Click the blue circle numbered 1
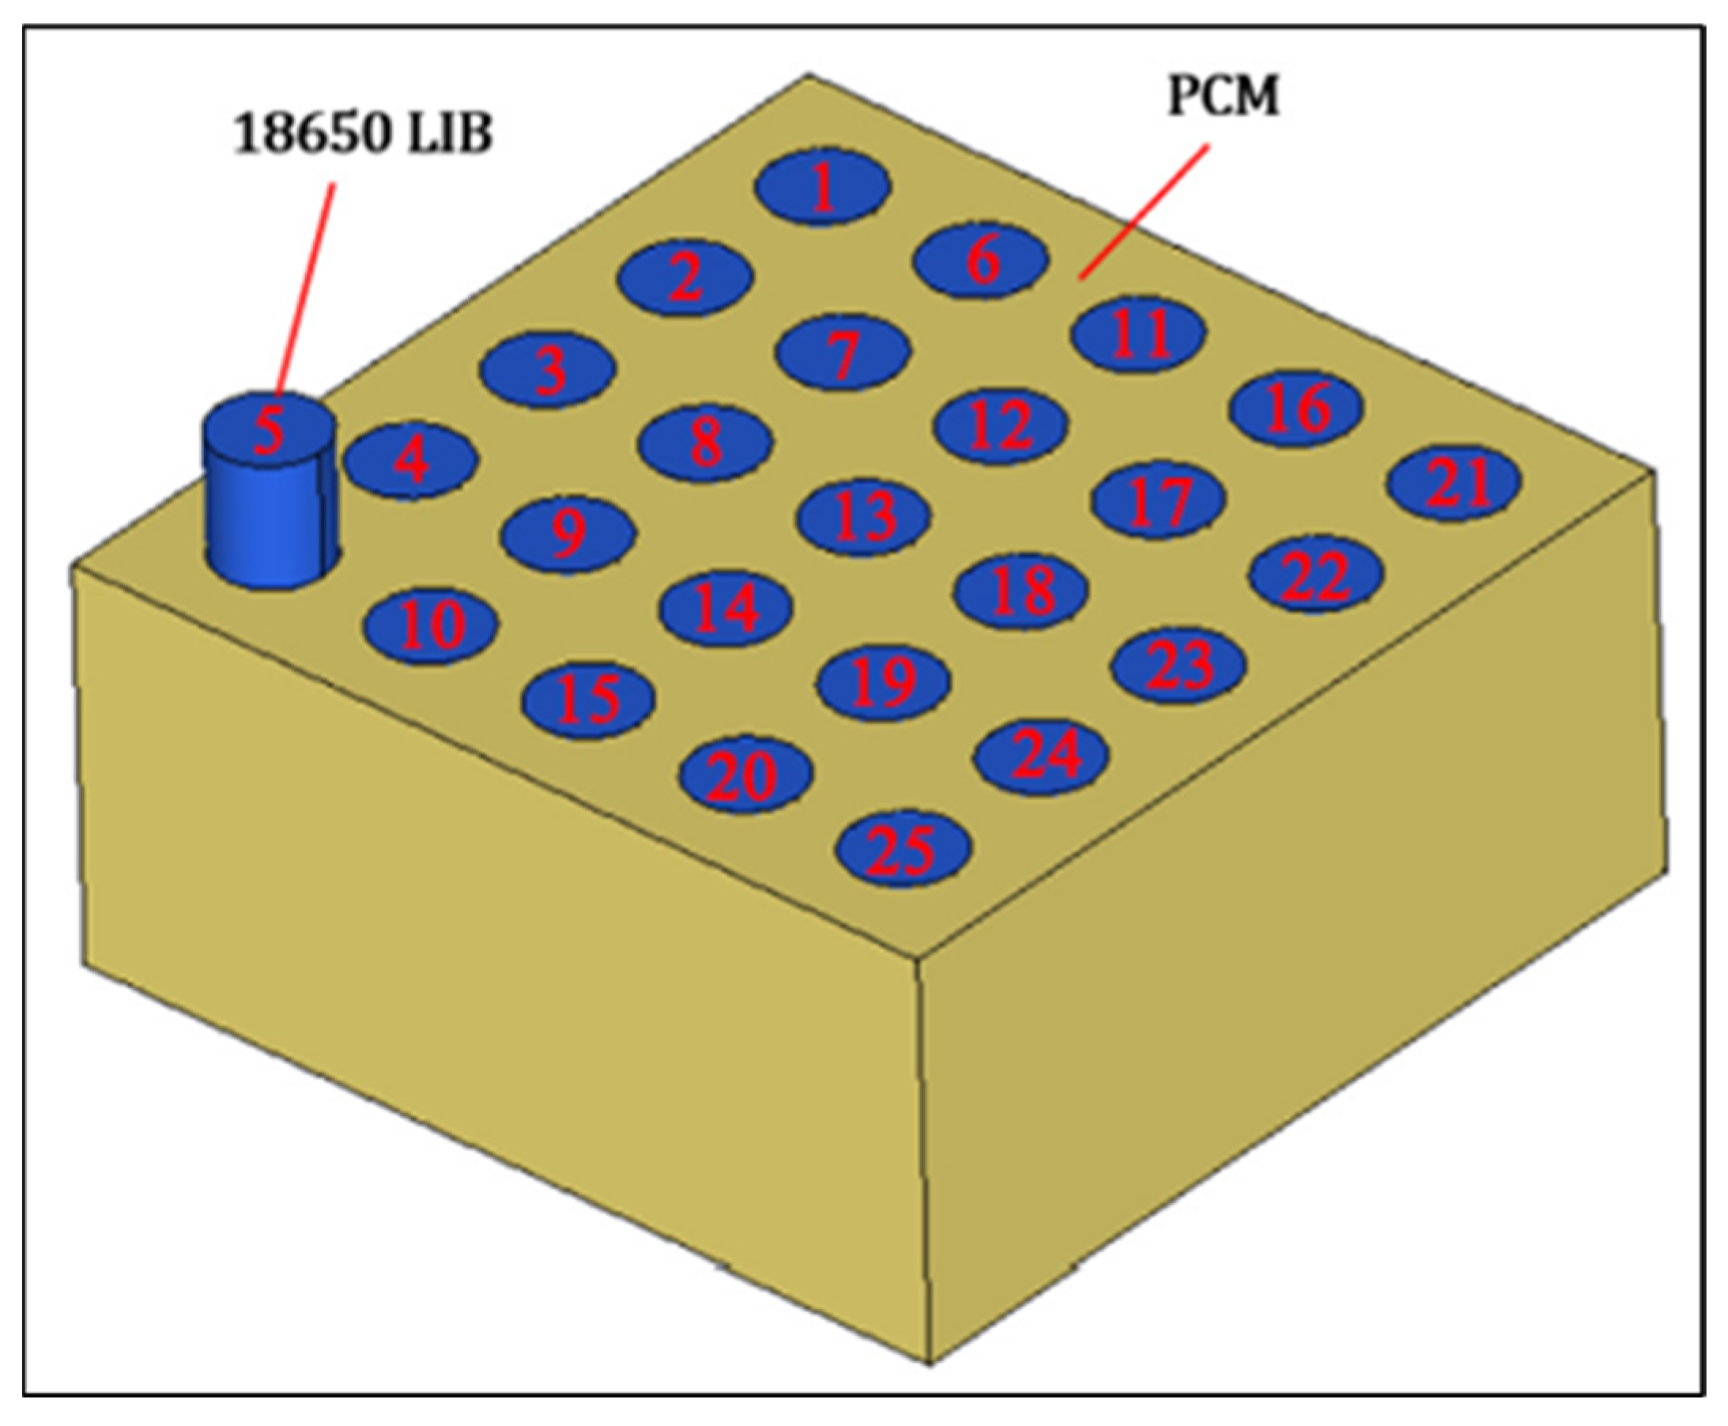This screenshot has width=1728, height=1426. pyautogui.click(x=822, y=187)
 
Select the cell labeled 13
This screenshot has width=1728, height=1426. pyautogui.click(x=863, y=517)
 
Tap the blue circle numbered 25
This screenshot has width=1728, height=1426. pyautogui.click(x=903, y=848)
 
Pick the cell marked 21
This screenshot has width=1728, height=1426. pyautogui.click(x=1454, y=482)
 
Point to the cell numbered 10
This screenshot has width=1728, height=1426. pyautogui.click(x=430, y=626)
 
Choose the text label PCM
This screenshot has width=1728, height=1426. pyautogui.click(x=1222, y=97)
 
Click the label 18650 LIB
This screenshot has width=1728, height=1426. pyautogui.click(x=362, y=133)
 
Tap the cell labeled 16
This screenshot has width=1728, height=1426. pyautogui.click(x=1297, y=408)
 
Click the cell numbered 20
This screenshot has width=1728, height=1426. pyautogui.click(x=745, y=774)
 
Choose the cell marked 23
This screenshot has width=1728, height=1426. pyautogui.click(x=1179, y=665)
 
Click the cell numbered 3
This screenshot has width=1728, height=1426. pyautogui.click(x=547, y=369)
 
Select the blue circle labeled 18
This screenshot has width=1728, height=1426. pyautogui.click(x=1021, y=590)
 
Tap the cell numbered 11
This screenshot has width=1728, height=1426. pyautogui.click(x=1138, y=334)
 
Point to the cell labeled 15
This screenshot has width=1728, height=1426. pyautogui.click(x=588, y=700)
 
